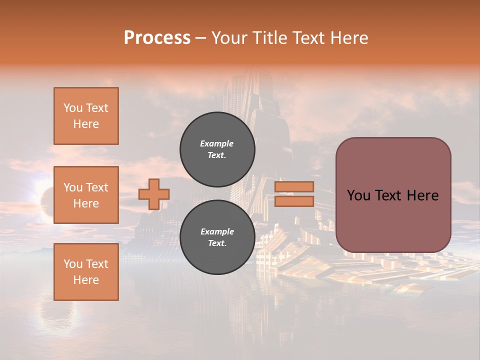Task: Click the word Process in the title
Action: point(157,38)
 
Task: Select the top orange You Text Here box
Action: point(86,116)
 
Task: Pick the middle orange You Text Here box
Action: point(86,195)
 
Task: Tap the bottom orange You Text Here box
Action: point(86,271)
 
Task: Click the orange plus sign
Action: point(154,194)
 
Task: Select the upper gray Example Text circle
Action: point(217,149)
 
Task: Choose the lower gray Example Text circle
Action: point(217,237)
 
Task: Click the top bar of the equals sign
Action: point(294,186)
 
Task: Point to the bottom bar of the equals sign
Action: point(294,201)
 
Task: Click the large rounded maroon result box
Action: point(393,220)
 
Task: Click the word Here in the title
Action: point(349,38)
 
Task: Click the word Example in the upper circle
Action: point(217,143)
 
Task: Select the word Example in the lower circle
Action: point(217,231)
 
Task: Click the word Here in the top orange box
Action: point(86,124)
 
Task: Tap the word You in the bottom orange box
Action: point(72,264)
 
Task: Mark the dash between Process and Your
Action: point(200,38)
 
